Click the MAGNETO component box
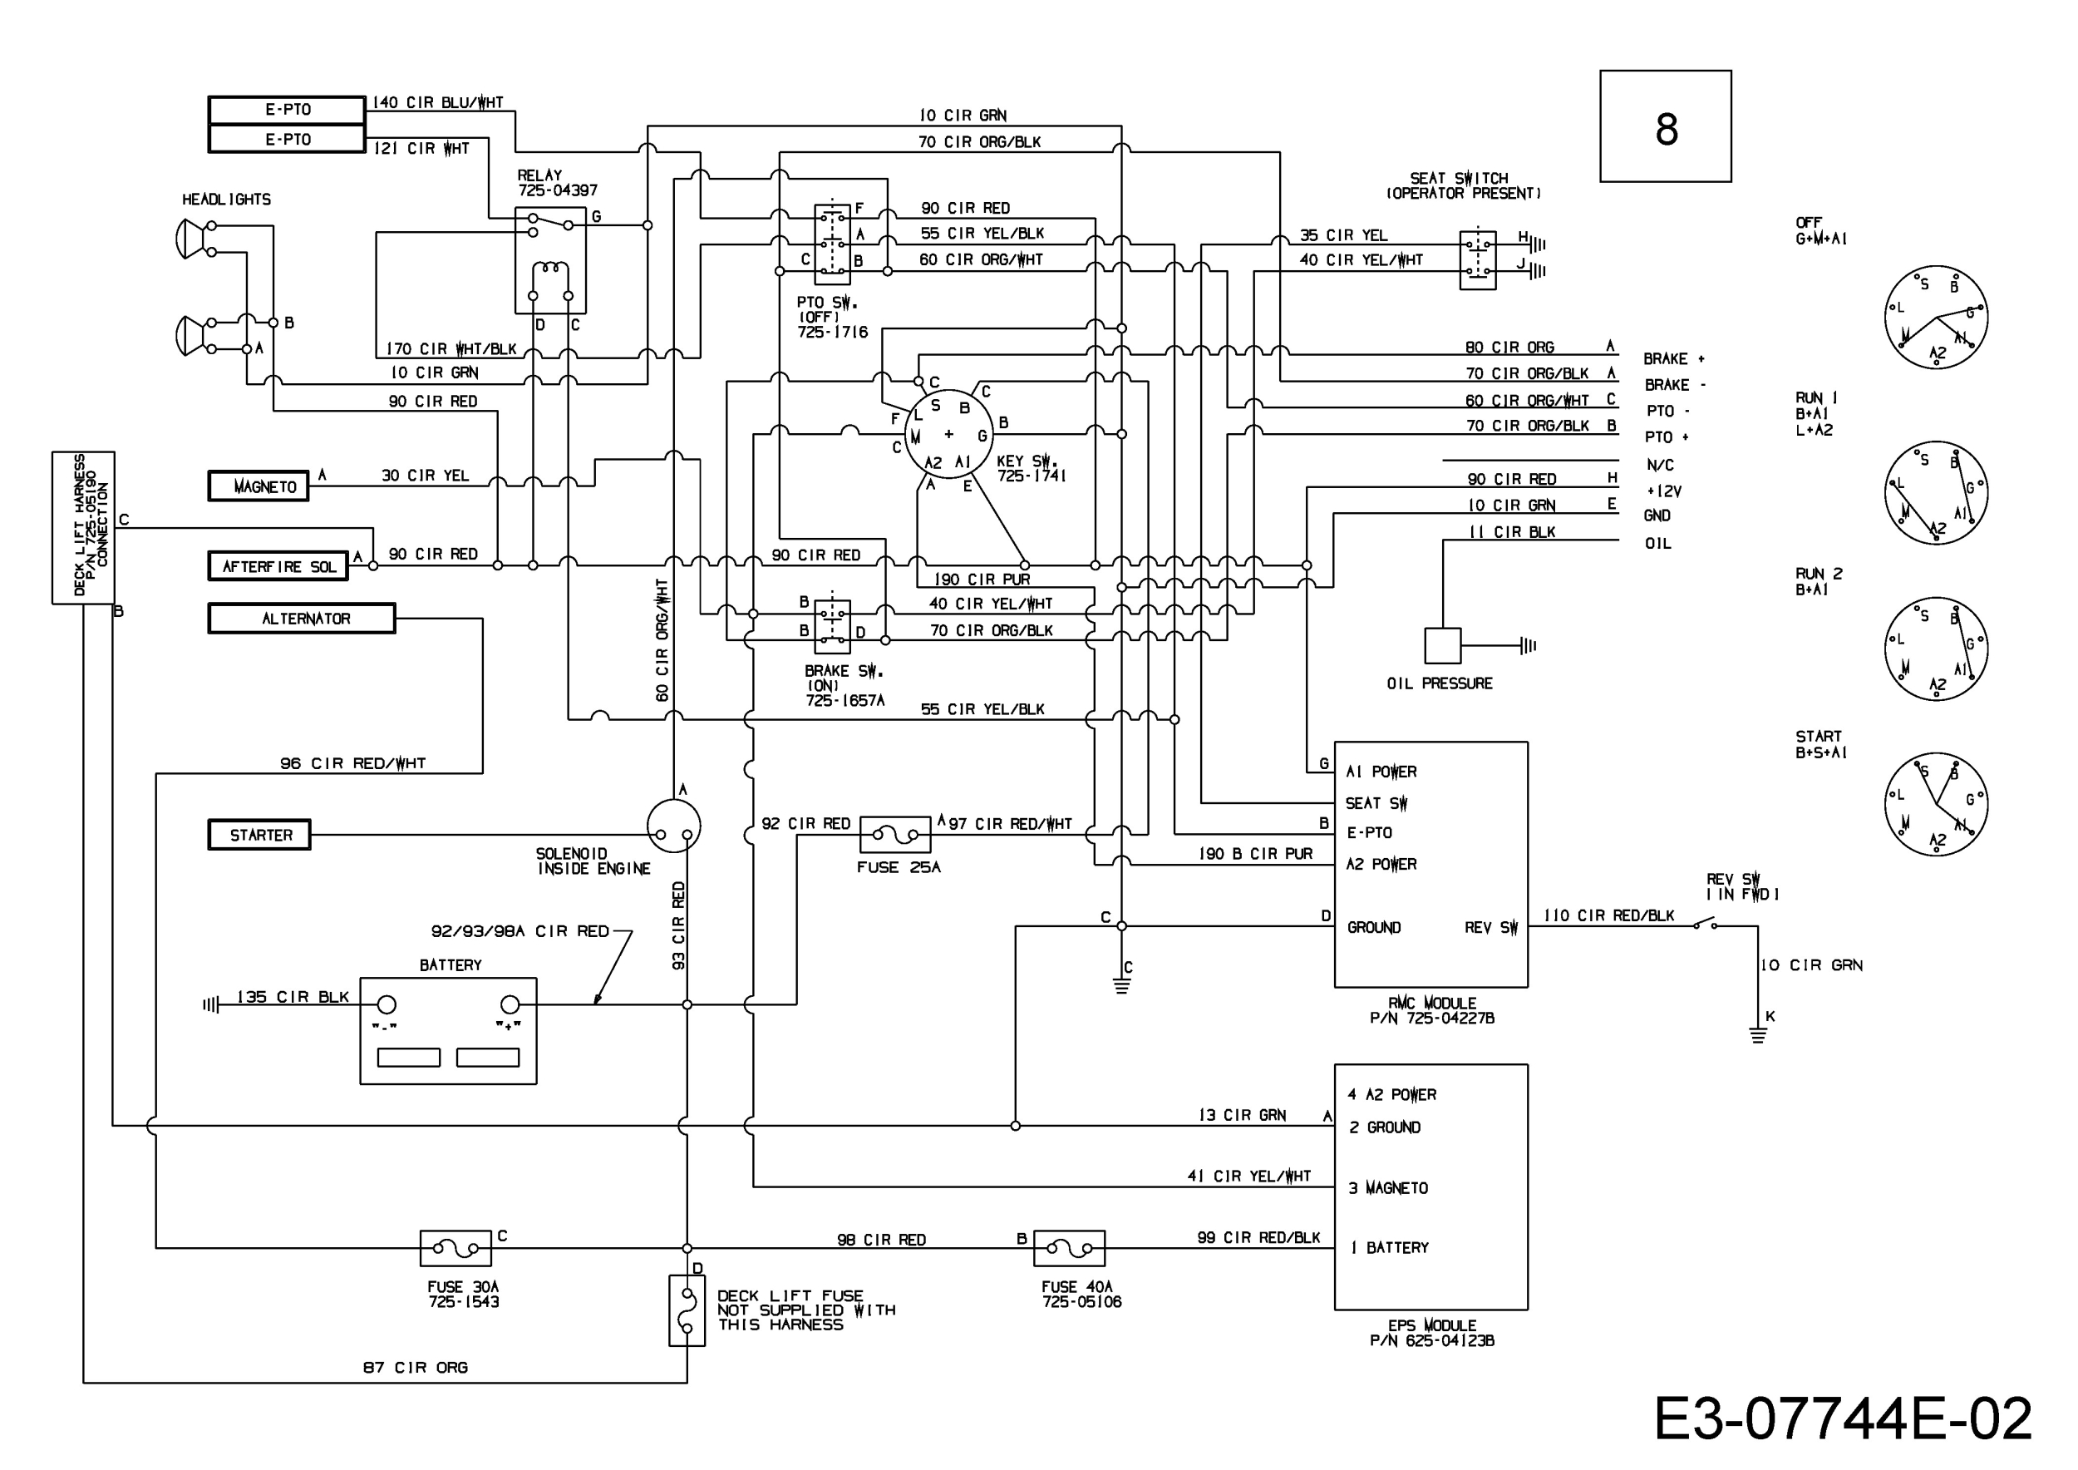click(x=258, y=486)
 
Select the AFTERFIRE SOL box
click(x=278, y=565)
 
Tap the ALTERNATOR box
click(x=302, y=619)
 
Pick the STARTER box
click(x=259, y=835)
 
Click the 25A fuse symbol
click(x=895, y=835)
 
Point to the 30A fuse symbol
click(x=456, y=1248)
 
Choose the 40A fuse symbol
click(x=1069, y=1248)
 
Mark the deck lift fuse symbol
click(x=687, y=1310)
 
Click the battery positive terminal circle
click(x=510, y=1004)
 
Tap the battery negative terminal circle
click(x=387, y=1004)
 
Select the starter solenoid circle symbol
click(x=674, y=826)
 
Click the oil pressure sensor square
click(x=1443, y=645)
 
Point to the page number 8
click(x=1667, y=130)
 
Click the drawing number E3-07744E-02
click(x=1843, y=1419)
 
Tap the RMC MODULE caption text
click(x=1433, y=1002)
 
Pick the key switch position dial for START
click(x=1936, y=804)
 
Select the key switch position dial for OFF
click(x=1936, y=318)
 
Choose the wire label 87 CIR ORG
click(x=416, y=1367)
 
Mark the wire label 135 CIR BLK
click(x=293, y=997)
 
